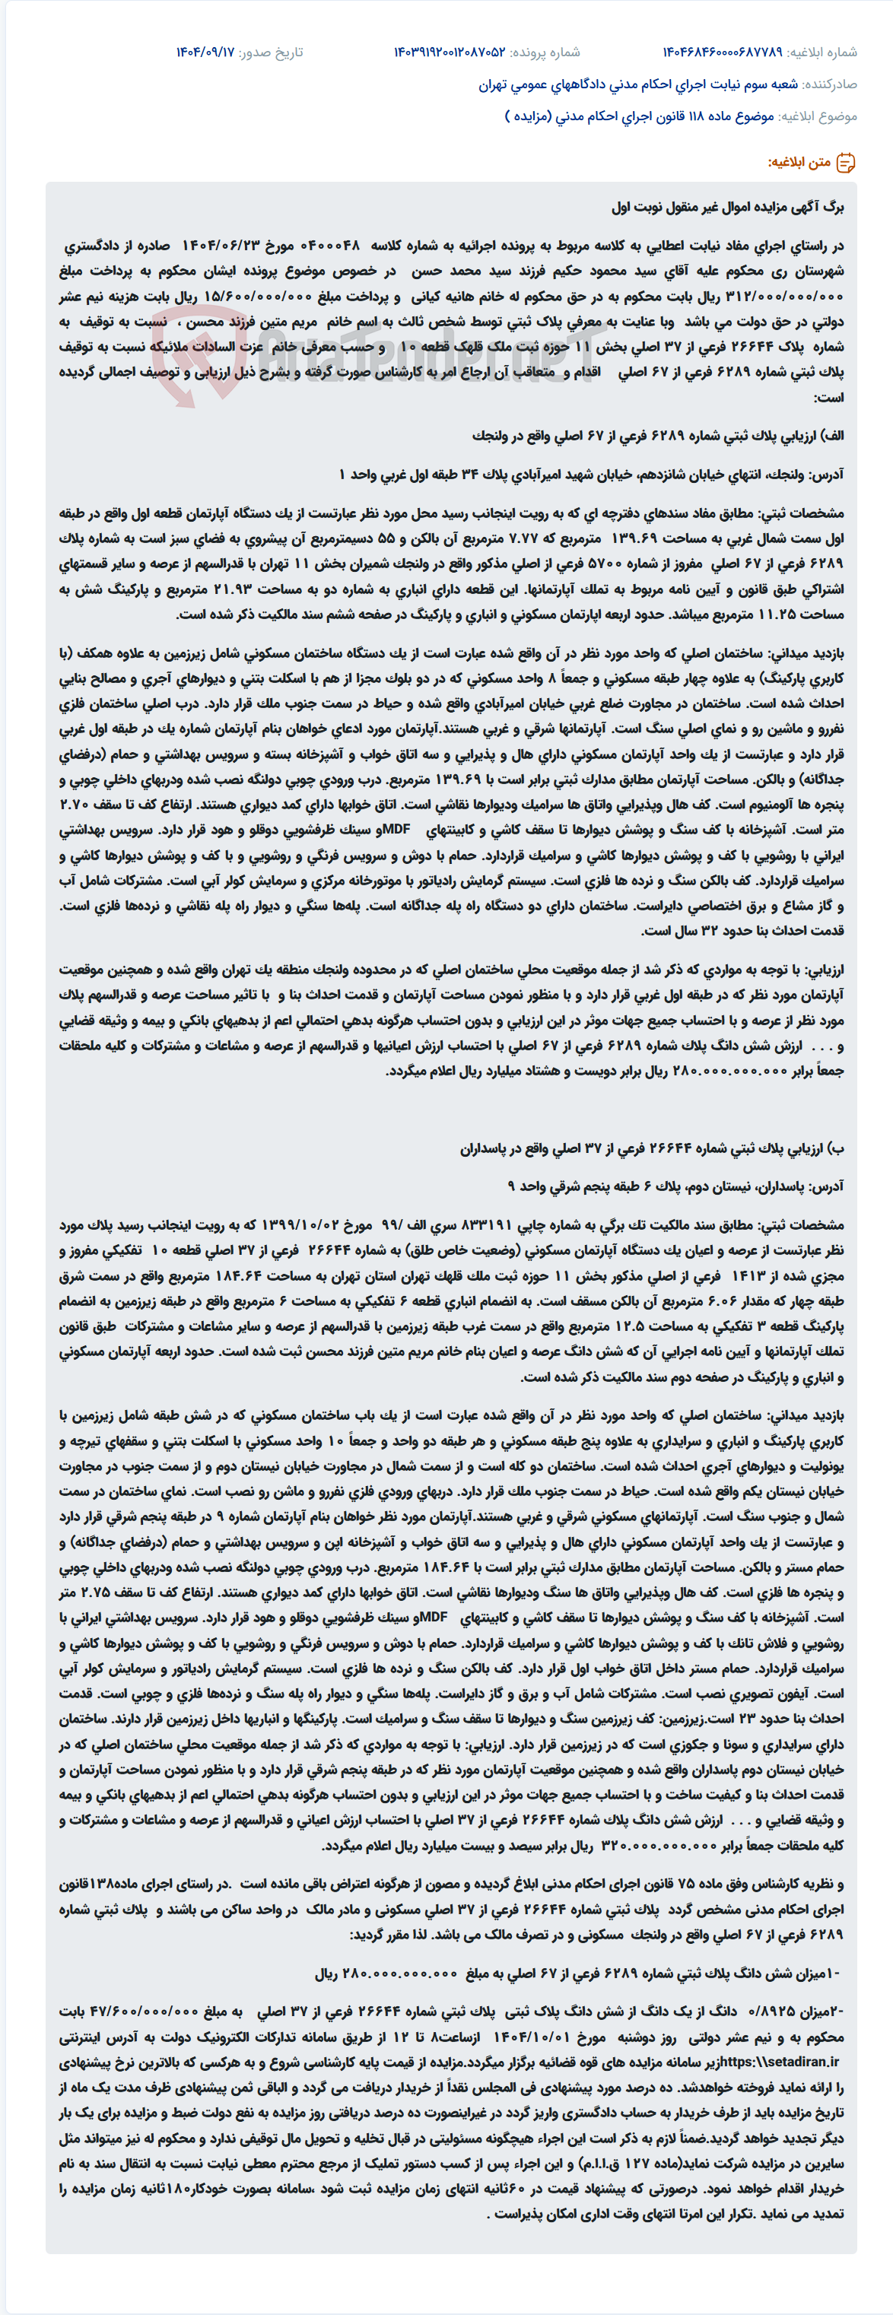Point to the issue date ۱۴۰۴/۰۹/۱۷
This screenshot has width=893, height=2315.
click(x=205, y=52)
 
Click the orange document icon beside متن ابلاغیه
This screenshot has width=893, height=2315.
click(x=845, y=163)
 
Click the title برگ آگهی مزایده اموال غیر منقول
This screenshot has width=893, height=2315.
click(x=728, y=208)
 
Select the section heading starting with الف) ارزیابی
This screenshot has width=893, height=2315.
click(x=658, y=436)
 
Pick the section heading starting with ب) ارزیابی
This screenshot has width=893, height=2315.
click(x=652, y=1148)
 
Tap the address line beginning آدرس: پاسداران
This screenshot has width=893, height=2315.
click(x=675, y=1186)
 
